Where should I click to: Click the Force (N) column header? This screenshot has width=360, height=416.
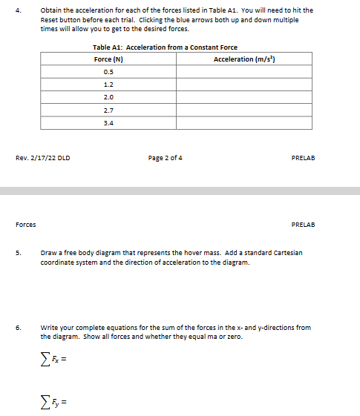[108, 59]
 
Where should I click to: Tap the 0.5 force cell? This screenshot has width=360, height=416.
[108, 72]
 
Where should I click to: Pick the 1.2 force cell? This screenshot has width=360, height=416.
[108, 85]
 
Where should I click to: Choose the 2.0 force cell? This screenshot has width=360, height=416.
[108, 97]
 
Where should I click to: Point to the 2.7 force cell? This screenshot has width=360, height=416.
[108, 110]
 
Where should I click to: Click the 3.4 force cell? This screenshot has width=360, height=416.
[108, 122]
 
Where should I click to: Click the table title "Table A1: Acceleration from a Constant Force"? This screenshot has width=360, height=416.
[165, 47]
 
